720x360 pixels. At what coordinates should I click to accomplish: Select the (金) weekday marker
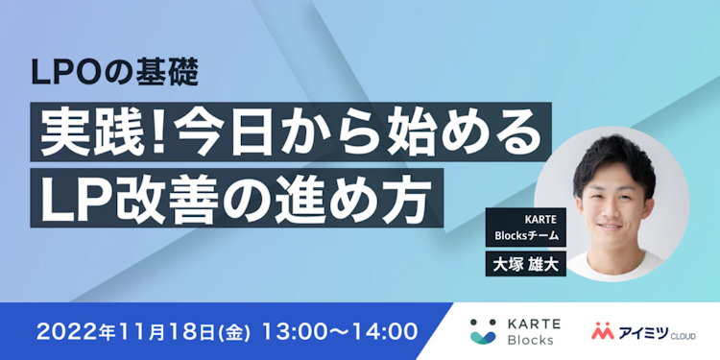(x=235, y=332)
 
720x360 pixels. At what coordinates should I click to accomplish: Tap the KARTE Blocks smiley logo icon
(x=483, y=331)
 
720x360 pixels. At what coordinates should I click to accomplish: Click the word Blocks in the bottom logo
(x=532, y=341)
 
